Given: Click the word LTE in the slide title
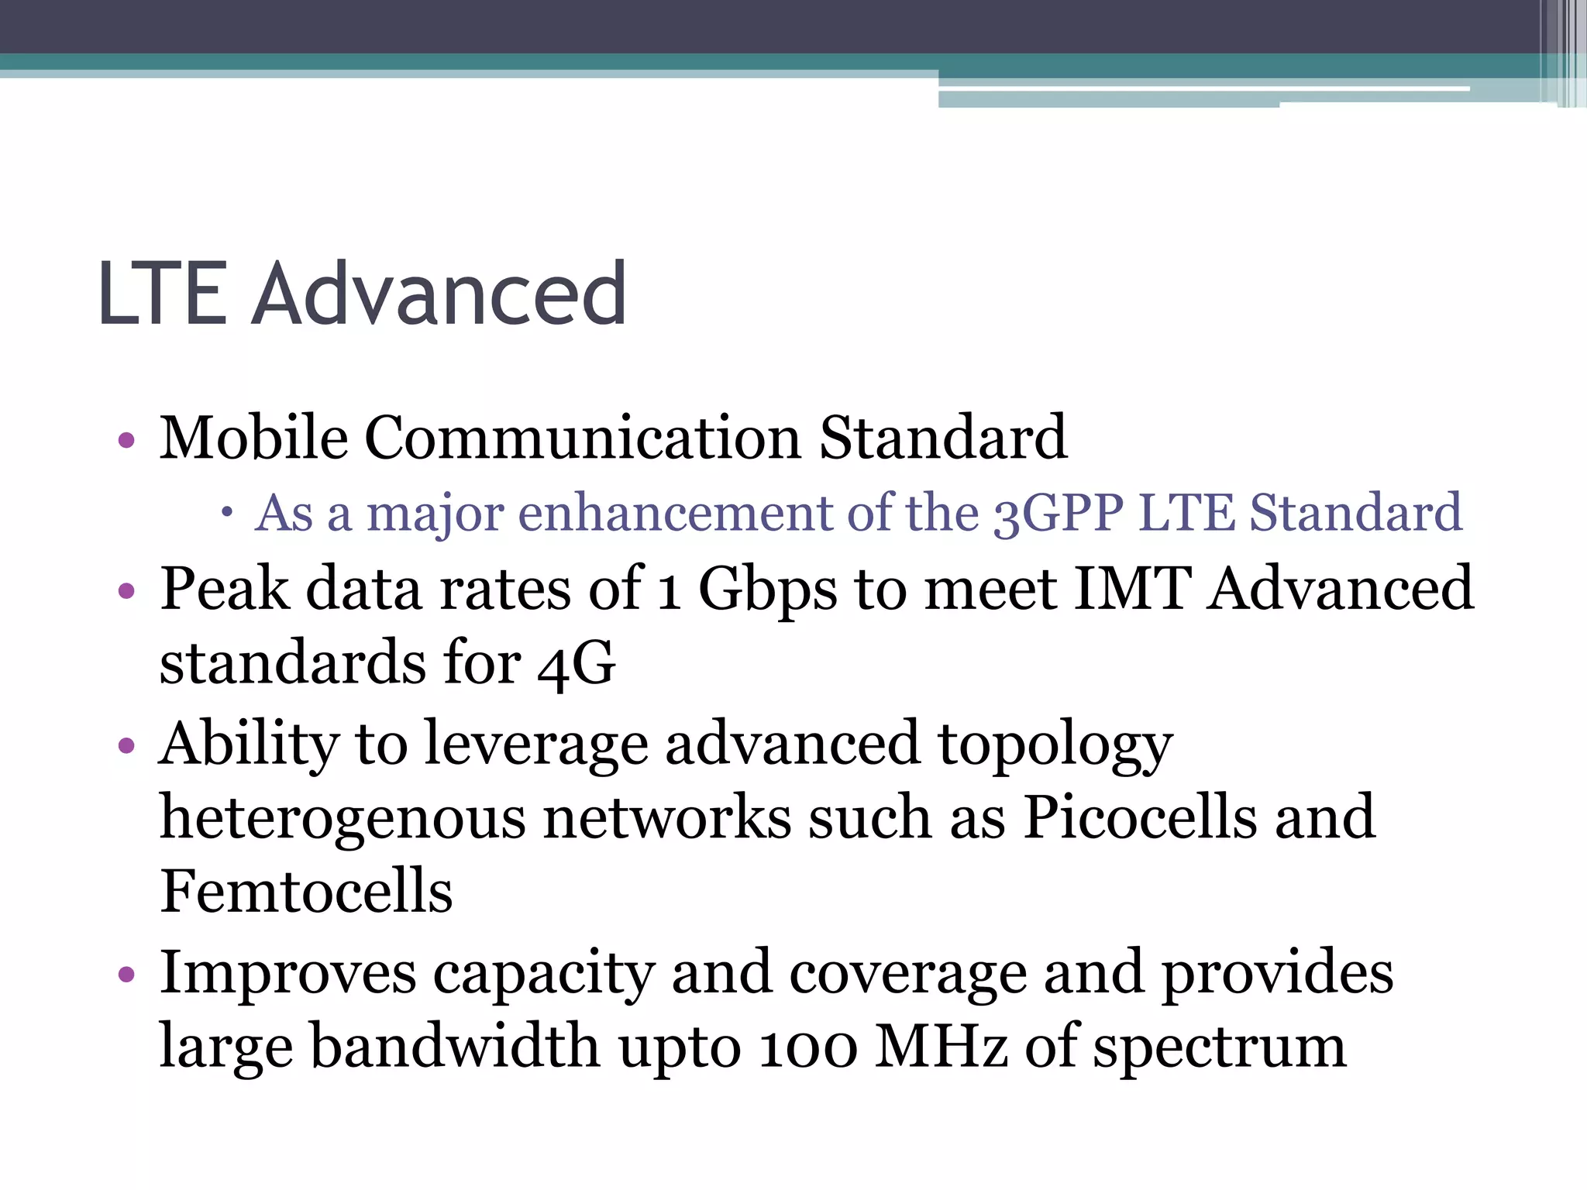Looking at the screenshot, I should pyautogui.click(x=163, y=294).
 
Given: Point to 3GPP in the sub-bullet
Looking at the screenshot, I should pyautogui.click(x=1059, y=513).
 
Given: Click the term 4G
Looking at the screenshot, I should pyautogui.click(x=577, y=664).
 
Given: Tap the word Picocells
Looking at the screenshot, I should pyautogui.click(x=1140, y=817).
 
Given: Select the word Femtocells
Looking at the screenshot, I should pyautogui.click(x=306, y=892).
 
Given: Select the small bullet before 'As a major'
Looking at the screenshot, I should pyautogui.click(x=225, y=512).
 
